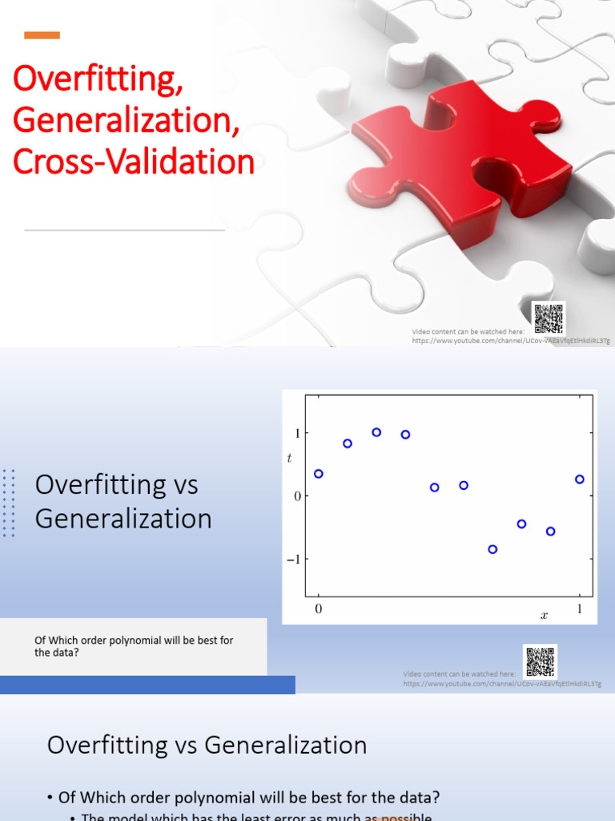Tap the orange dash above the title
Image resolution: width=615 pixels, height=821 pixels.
(x=42, y=34)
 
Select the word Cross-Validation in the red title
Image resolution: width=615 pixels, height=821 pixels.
(x=133, y=162)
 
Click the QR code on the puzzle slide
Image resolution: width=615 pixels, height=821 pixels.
(x=549, y=318)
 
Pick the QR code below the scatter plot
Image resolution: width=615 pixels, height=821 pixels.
(x=540, y=661)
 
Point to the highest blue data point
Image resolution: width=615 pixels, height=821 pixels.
(x=376, y=432)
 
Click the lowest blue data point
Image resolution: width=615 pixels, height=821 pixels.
(x=492, y=549)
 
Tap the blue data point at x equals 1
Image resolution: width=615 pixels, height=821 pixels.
(x=580, y=479)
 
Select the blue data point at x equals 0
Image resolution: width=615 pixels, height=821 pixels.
(x=319, y=474)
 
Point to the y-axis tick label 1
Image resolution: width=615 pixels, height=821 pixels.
(x=296, y=433)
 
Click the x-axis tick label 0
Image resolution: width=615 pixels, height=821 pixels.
(x=319, y=609)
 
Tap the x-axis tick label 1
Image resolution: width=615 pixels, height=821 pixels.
(x=580, y=609)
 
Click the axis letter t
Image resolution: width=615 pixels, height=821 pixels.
(x=290, y=458)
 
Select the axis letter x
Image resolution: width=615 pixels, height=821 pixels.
(x=544, y=616)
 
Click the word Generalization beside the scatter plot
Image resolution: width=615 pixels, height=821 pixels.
(x=123, y=518)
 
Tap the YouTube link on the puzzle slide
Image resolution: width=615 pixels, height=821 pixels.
(x=511, y=341)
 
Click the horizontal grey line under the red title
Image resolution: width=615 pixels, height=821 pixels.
(x=124, y=230)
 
